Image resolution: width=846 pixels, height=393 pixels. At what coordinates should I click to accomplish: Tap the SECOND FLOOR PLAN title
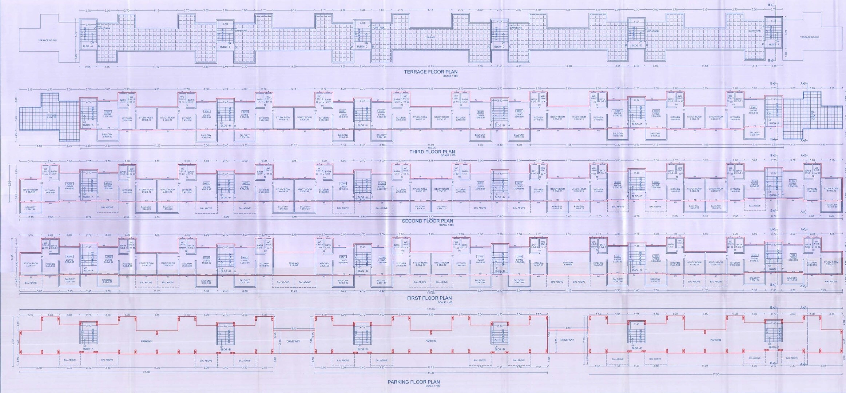[427, 221]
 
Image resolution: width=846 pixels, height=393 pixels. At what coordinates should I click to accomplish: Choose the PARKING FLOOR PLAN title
[413, 382]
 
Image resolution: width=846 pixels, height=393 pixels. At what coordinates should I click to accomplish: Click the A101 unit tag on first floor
[69, 257]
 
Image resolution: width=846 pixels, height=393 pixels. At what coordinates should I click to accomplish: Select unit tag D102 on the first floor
[519, 257]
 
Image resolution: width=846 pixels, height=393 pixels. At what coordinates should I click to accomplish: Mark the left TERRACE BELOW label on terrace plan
[48, 40]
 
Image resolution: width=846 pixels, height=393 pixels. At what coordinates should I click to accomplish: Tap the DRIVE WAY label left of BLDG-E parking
[567, 340]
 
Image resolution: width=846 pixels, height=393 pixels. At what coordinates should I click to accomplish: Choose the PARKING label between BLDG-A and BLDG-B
[146, 341]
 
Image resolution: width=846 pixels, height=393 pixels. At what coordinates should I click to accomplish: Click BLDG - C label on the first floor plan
[363, 271]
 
